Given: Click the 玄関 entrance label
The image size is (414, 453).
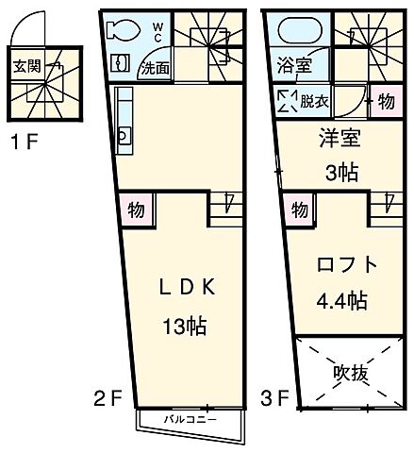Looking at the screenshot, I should point(25,67).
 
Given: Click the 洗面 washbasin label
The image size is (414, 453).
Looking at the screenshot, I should point(155,68).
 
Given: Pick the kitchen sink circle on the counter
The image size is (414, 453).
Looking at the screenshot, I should point(124,136).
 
